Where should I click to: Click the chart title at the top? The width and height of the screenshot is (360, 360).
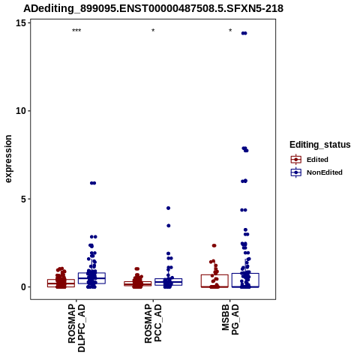pos(154,8)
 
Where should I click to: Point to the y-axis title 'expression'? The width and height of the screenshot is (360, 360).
pos(8,159)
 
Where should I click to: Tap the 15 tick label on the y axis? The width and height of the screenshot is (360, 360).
pos(21,23)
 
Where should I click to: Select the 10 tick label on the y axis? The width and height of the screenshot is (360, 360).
pos(21,111)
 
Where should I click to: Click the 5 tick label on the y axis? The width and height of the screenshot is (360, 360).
pos(23,199)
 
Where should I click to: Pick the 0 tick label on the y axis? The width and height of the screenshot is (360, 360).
pos(23,287)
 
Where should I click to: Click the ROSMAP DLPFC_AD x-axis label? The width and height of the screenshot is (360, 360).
pos(76,328)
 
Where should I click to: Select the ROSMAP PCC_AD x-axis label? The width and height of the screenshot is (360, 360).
pos(153,323)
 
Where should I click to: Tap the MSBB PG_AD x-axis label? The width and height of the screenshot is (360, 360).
pos(230,319)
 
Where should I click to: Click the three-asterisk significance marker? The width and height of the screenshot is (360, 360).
pos(76,31)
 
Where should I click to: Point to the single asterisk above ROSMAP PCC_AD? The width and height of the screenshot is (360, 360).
pos(153,31)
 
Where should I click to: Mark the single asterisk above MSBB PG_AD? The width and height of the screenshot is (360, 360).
pos(230,31)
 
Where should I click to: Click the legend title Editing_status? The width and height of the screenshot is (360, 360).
pos(320,145)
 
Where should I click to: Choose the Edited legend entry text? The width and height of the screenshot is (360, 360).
pos(317,160)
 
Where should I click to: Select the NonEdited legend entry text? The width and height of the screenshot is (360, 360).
pos(325,172)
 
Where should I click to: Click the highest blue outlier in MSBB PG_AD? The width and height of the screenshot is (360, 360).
pos(244,33)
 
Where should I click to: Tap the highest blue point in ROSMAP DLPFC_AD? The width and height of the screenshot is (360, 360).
pos(93,183)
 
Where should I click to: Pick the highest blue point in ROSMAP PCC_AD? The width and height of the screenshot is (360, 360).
pos(168,208)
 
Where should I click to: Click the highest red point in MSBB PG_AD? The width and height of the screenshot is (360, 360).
pos(214,245)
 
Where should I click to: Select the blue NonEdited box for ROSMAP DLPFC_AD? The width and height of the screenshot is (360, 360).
pos(91,278)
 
